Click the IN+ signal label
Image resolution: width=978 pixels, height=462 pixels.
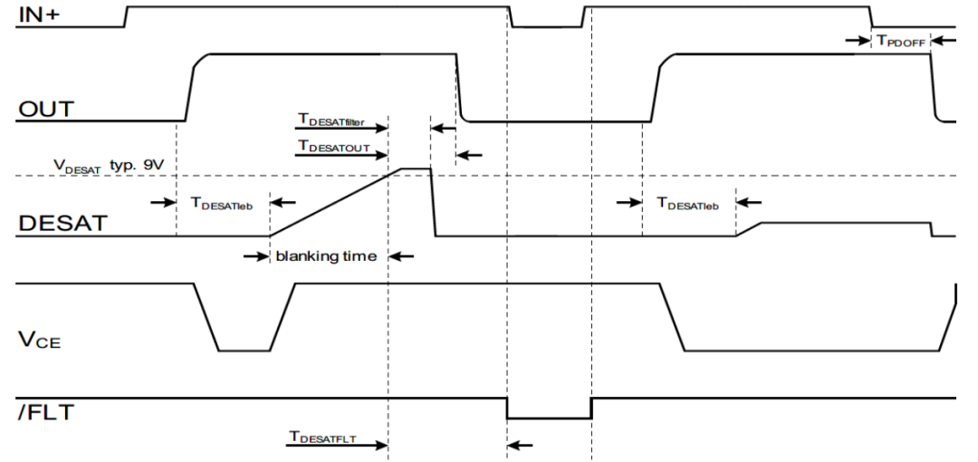[37, 17]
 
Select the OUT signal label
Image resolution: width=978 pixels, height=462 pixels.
[45, 110]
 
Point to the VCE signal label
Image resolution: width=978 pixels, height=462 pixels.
[39, 341]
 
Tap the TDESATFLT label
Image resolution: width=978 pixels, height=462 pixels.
[323, 438]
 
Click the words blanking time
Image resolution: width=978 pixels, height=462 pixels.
[326, 256]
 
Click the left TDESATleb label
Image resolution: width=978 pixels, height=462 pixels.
[222, 205]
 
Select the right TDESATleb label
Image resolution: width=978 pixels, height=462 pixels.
[687, 205]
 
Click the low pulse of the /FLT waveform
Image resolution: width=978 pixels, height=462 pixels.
[549, 417]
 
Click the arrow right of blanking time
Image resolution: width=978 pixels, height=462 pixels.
[401, 256]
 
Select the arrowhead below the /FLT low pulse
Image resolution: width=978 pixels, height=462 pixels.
[520, 445]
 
